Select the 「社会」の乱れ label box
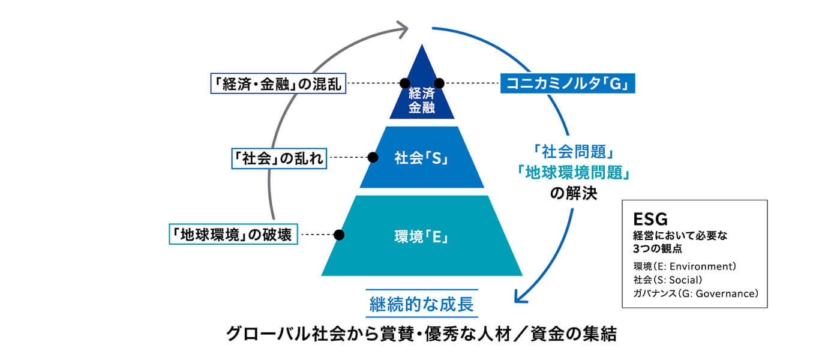278,158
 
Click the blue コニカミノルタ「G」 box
568,83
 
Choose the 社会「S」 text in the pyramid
422,159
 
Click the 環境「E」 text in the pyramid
422,236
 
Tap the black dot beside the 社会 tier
373,157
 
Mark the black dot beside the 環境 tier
339,235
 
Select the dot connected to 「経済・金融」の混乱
405,83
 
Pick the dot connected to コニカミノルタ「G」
439,83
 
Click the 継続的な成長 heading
422,304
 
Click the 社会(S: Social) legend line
667,280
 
